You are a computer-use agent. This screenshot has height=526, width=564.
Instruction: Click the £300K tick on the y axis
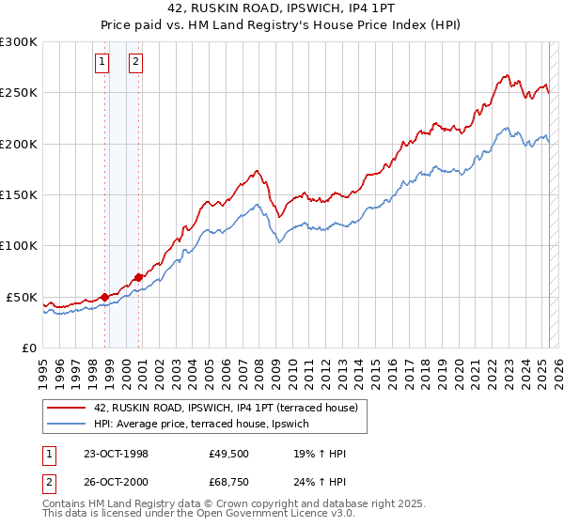pyautogui.click(x=19, y=42)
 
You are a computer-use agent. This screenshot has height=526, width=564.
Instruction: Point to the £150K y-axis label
pyautogui.click(x=19, y=195)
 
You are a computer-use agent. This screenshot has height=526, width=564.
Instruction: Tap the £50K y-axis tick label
pyautogui.click(x=22, y=297)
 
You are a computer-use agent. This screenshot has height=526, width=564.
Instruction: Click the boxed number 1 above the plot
pyautogui.click(x=102, y=63)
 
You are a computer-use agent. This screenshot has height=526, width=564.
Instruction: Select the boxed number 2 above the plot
pyautogui.click(x=135, y=63)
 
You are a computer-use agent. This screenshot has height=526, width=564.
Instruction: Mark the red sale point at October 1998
pyautogui.click(x=105, y=297)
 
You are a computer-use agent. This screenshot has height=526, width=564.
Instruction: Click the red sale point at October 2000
pyautogui.click(x=138, y=277)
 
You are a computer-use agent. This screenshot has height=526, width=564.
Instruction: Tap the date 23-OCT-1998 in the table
pyautogui.click(x=116, y=454)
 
